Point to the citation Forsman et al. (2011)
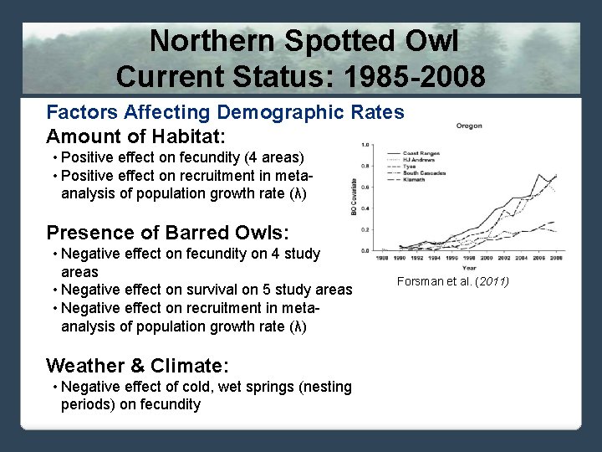tap(452, 281)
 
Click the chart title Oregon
tap(468, 126)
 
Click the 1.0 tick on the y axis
tap(365, 145)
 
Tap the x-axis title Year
tap(468, 268)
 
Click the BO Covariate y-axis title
tap(353, 198)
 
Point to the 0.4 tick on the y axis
tap(365, 208)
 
